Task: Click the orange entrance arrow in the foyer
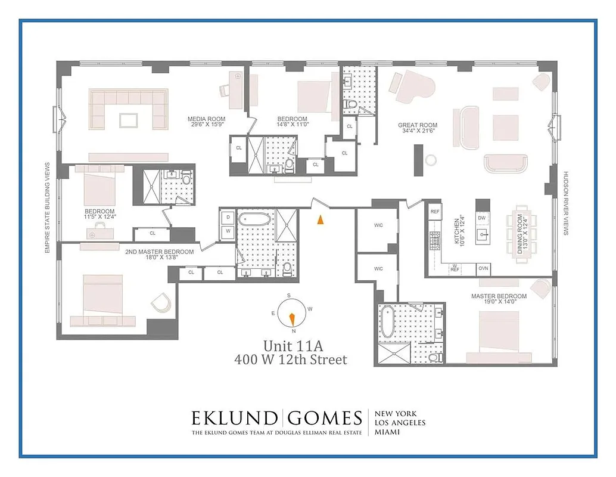[x=321, y=219]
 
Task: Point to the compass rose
[x=291, y=314]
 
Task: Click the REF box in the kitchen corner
[x=435, y=212]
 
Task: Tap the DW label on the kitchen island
[x=482, y=218]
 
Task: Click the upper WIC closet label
[x=378, y=225]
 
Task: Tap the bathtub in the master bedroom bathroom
[x=388, y=321]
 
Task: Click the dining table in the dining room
[x=519, y=234]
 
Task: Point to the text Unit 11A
[x=291, y=346]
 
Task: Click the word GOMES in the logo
[x=326, y=418]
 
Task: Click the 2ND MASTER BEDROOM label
[x=159, y=252]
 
